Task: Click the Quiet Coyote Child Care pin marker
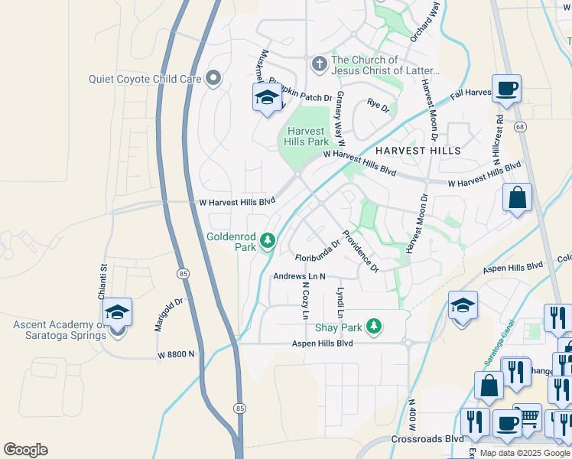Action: click(x=213, y=77)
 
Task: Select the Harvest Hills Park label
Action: click(x=307, y=136)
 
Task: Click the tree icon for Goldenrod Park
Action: click(x=267, y=241)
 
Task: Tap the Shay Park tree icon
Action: click(x=373, y=327)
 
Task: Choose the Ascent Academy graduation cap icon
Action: click(x=117, y=312)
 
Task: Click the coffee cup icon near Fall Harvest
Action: click(x=506, y=89)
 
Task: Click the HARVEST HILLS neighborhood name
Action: click(x=418, y=151)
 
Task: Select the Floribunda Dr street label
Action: click(x=317, y=256)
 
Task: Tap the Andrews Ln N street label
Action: click(x=300, y=276)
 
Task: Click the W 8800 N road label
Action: click(x=177, y=355)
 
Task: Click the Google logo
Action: click(x=25, y=450)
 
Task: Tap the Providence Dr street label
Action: click(x=359, y=251)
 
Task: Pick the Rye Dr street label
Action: click(x=379, y=106)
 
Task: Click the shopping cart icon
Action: click(x=528, y=418)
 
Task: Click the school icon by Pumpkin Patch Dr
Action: click(x=266, y=97)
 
